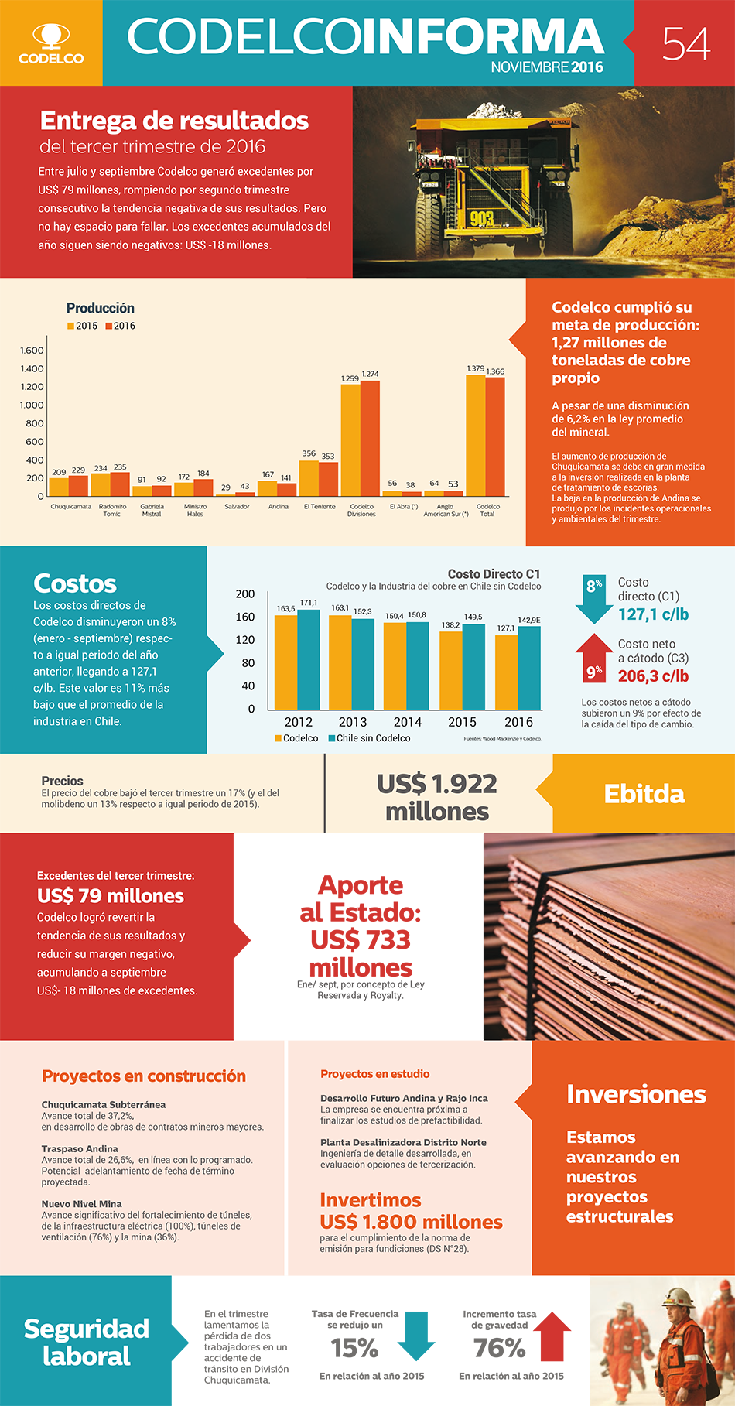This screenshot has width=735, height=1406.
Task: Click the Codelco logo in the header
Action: [51, 43]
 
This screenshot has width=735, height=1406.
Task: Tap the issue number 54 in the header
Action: [685, 43]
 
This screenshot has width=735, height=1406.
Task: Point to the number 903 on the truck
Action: [481, 219]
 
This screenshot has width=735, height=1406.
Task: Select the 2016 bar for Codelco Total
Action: [495, 436]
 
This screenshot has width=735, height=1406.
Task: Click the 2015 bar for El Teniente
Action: [309, 478]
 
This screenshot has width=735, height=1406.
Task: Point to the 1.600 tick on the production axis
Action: [32, 351]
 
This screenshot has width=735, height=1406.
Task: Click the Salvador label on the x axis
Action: [237, 507]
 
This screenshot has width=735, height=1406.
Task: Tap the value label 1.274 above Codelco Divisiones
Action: [371, 374]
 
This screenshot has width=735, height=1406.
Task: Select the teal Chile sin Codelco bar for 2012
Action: [309, 659]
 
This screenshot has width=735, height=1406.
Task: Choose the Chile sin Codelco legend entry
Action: [369, 738]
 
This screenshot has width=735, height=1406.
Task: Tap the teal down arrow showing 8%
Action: [594, 599]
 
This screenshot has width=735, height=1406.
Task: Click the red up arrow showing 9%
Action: [594, 658]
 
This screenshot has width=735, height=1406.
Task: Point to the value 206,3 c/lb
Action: [653, 676]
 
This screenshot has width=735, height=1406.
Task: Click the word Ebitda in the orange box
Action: [644, 794]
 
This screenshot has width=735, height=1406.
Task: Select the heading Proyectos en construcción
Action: [144, 1076]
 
